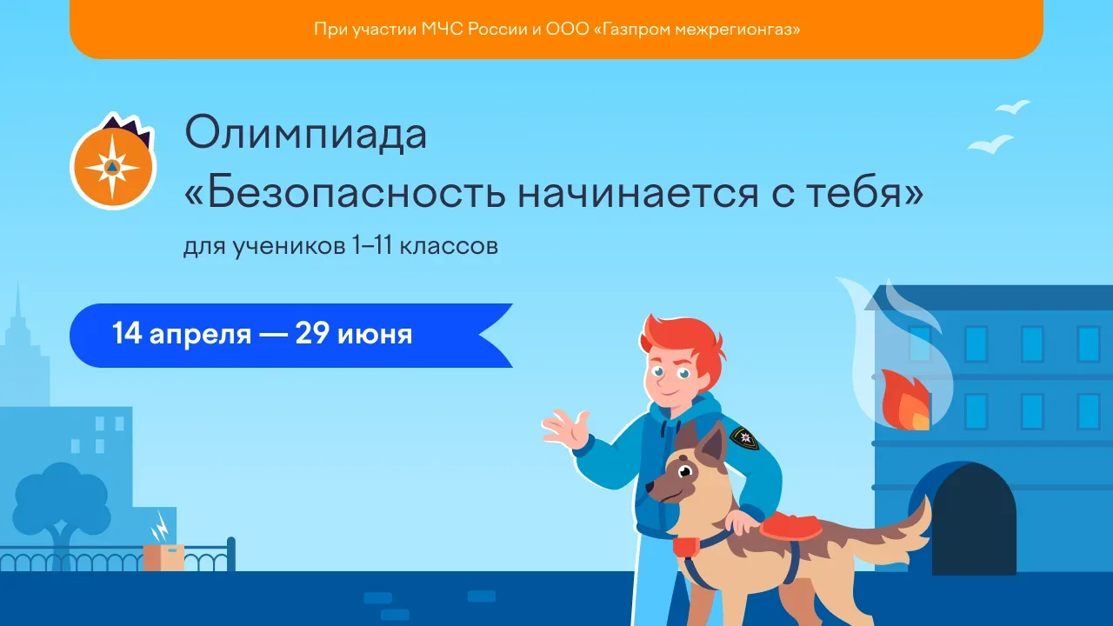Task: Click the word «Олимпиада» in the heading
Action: tap(305, 134)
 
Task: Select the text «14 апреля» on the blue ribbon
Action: tap(182, 334)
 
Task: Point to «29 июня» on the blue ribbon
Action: tap(354, 334)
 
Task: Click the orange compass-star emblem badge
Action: tap(113, 163)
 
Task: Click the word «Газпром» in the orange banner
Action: tap(639, 30)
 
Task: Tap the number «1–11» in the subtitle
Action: tap(373, 245)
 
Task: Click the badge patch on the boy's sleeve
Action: tap(744, 437)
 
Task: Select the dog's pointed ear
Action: tap(711, 443)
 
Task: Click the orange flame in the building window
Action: tap(905, 401)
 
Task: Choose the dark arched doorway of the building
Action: tap(973, 519)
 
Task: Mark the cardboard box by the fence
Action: tap(163, 557)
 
